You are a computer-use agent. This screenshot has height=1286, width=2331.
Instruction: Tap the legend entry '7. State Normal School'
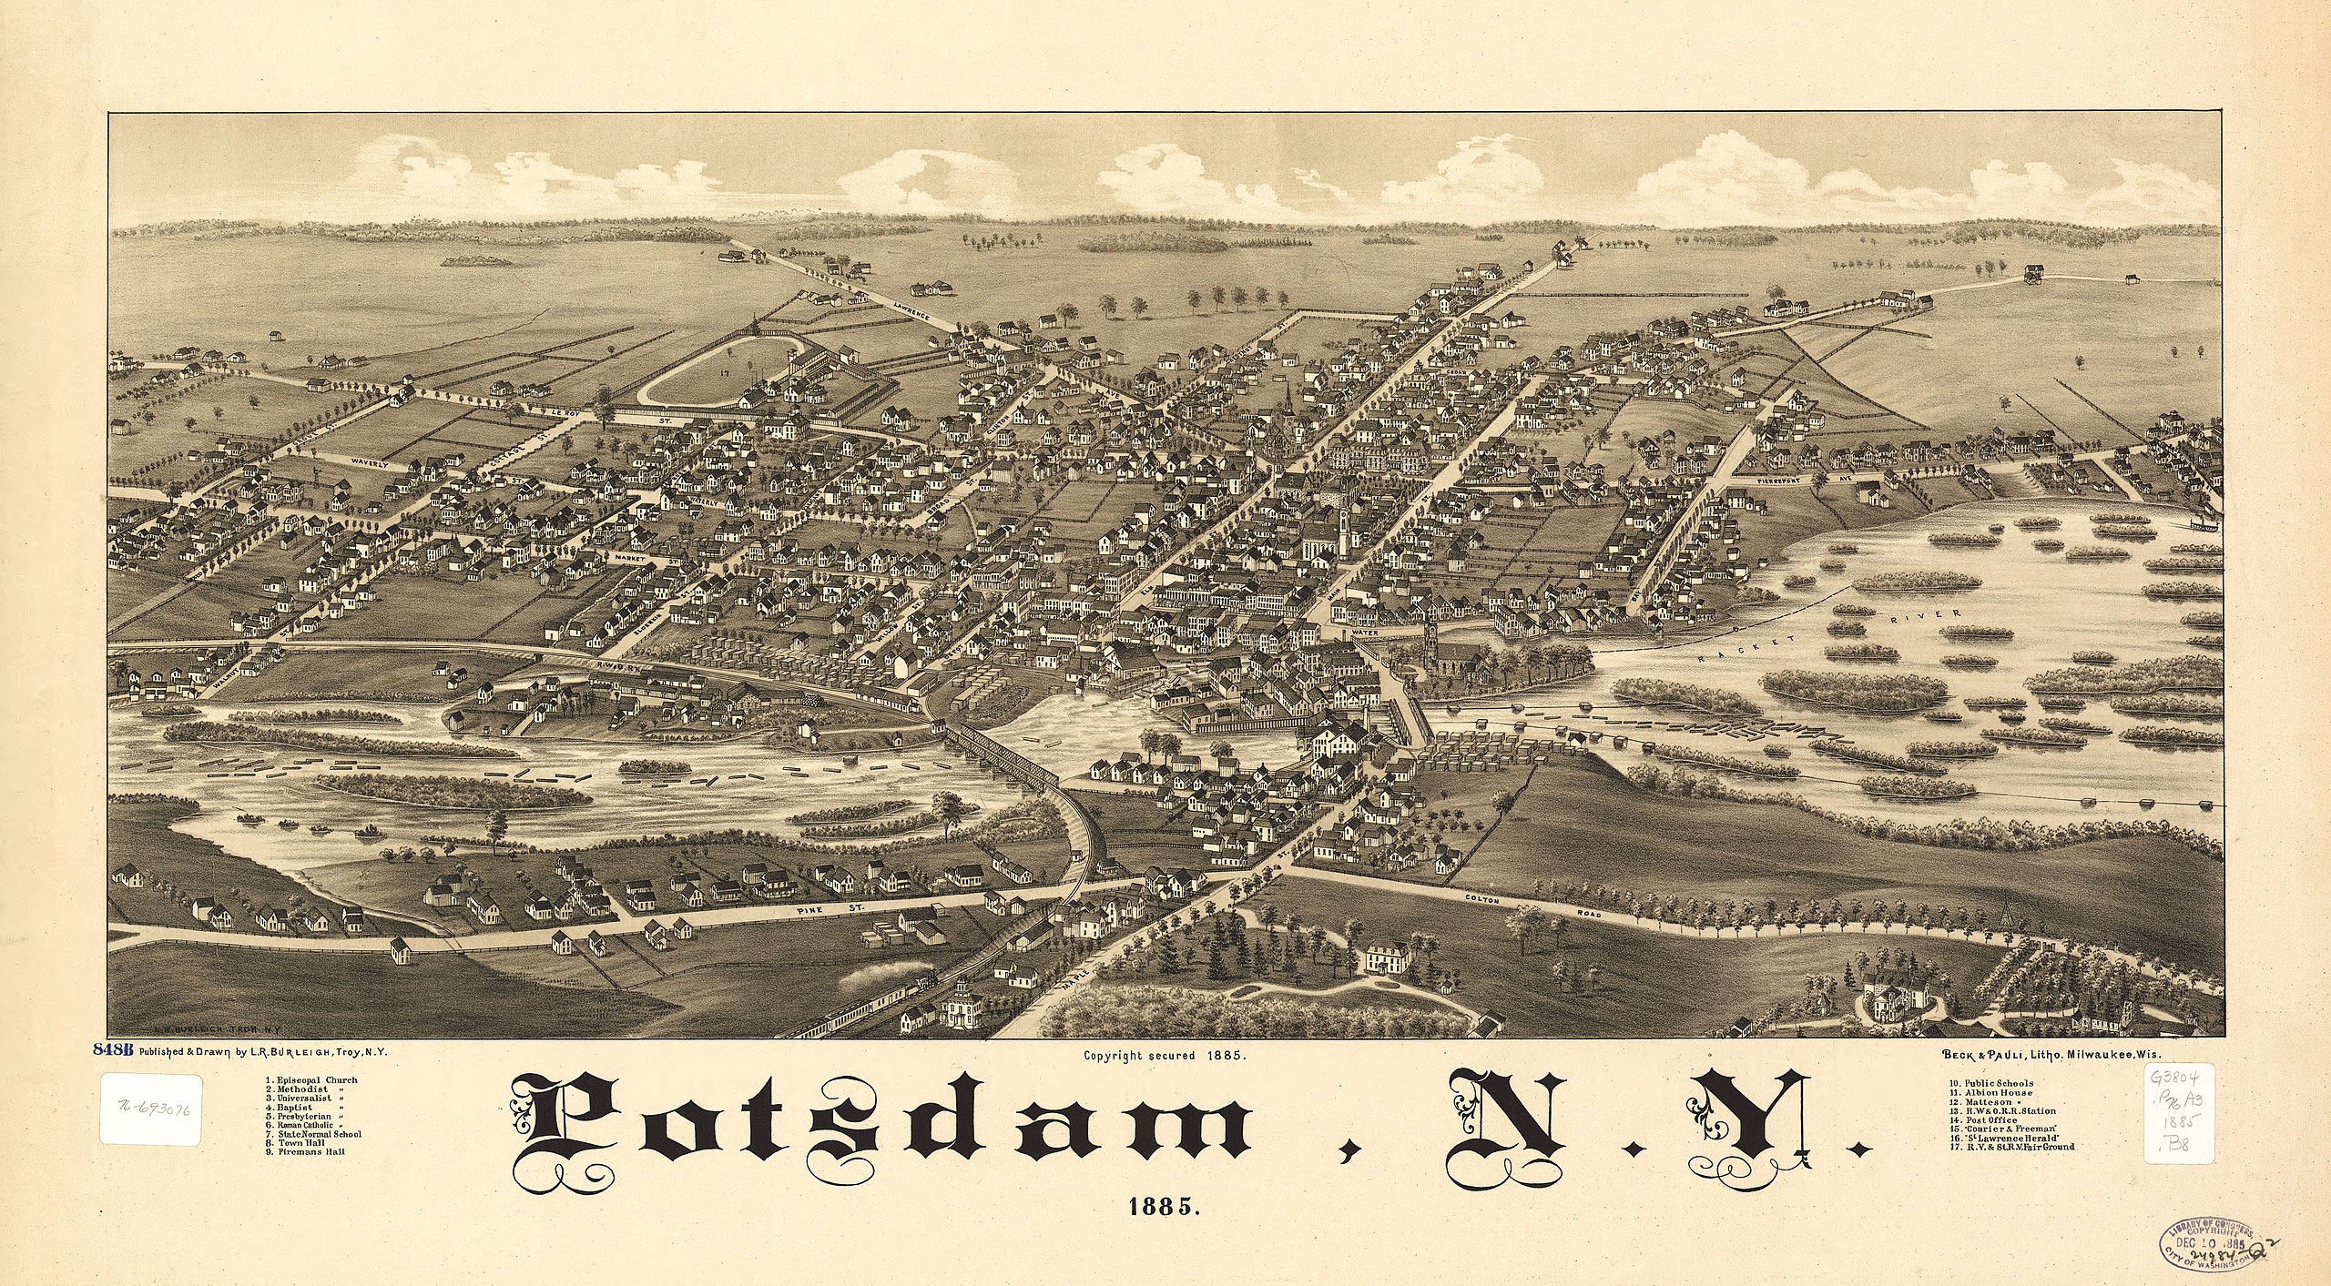pos(315,1134)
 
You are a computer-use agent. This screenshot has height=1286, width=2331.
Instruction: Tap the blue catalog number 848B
pos(113,1049)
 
